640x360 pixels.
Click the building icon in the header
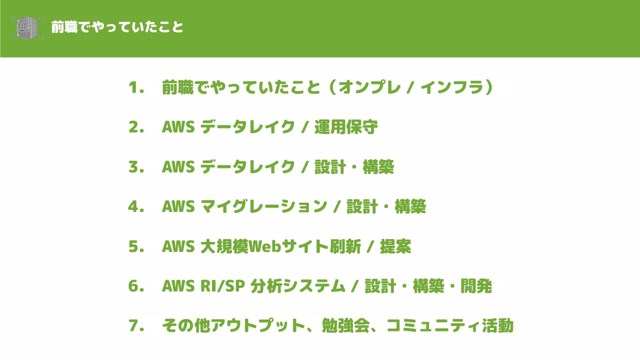[28, 28]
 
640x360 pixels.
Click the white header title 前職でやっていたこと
[117, 27]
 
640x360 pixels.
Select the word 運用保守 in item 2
[346, 128]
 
